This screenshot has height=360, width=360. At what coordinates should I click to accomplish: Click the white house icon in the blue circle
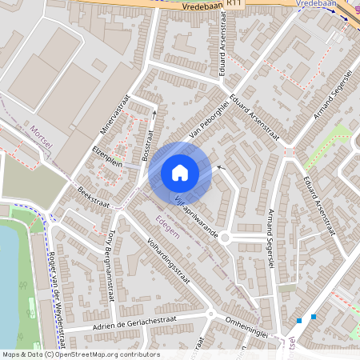[179, 172]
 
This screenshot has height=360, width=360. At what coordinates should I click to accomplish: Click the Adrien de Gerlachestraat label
[128, 323]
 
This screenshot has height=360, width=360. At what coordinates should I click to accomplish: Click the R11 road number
[234, 4]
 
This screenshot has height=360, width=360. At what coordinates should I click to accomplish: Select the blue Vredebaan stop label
[315, 4]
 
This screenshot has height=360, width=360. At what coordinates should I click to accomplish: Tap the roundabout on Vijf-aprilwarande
[226, 237]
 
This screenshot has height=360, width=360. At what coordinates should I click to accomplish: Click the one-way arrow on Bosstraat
[153, 118]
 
